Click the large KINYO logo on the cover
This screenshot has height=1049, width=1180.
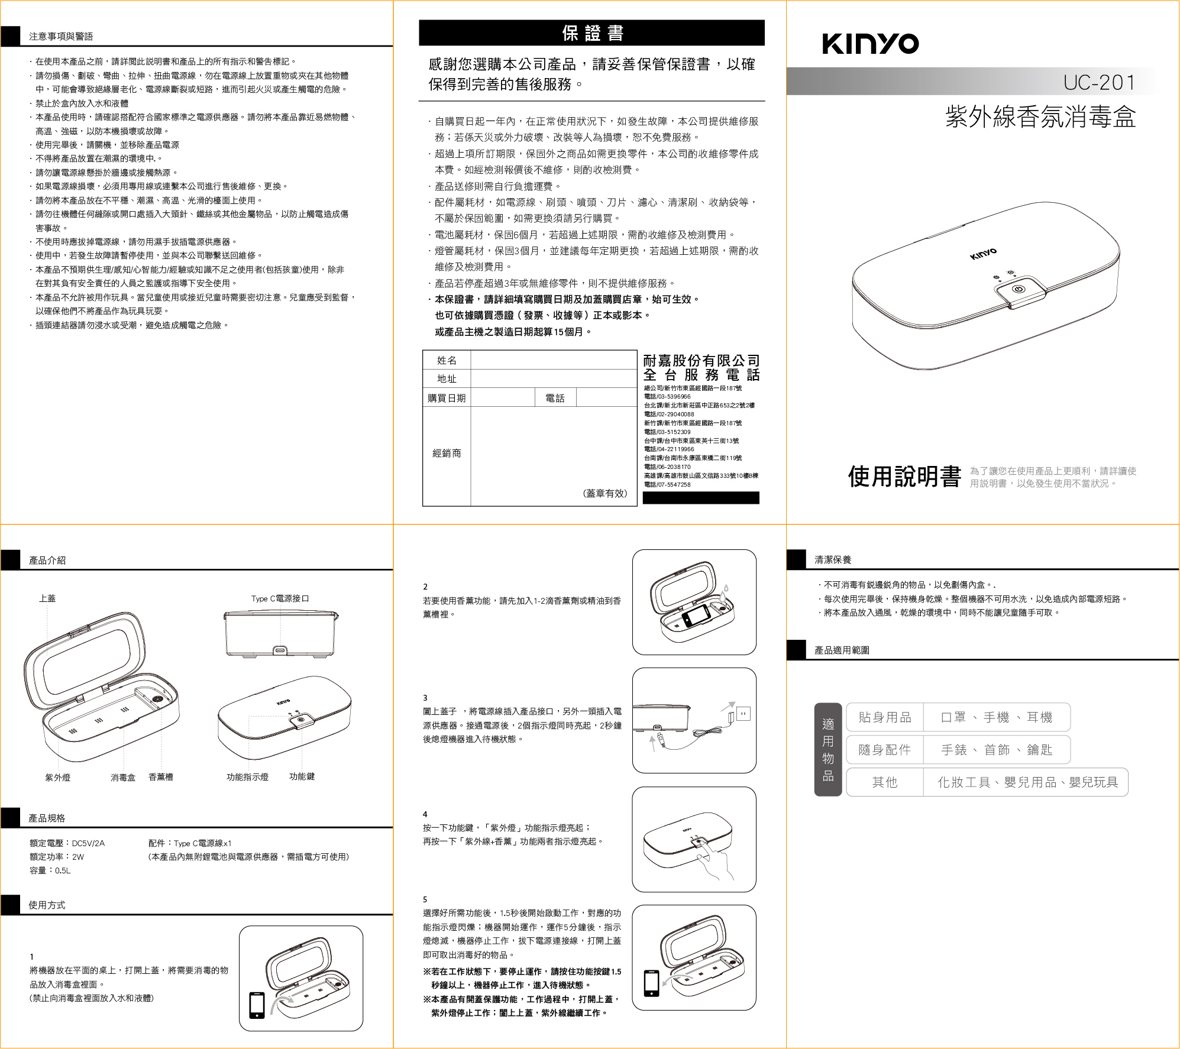click(x=870, y=44)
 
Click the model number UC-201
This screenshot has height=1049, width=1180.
click(x=1099, y=82)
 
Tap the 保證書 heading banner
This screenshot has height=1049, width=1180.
click(x=591, y=33)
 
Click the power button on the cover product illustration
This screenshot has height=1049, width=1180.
click(x=1018, y=290)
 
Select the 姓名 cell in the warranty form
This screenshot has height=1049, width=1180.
click(x=447, y=360)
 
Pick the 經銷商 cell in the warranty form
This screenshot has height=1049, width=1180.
click(x=447, y=454)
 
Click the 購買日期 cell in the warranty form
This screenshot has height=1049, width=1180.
click(x=447, y=398)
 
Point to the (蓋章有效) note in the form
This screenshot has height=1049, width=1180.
click(x=604, y=493)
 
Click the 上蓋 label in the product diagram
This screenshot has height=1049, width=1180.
click(x=47, y=598)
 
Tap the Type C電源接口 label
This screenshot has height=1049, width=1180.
click(x=280, y=598)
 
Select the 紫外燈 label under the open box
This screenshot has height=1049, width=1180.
click(x=57, y=778)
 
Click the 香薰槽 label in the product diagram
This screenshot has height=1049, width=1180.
click(x=160, y=777)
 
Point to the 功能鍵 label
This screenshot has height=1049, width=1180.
click(x=302, y=776)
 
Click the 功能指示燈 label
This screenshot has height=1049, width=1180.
click(x=247, y=777)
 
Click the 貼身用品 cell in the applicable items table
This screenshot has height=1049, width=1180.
click(x=885, y=717)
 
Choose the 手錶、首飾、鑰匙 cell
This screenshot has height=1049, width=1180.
click(x=997, y=750)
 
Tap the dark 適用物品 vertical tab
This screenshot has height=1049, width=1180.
click(x=828, y=749)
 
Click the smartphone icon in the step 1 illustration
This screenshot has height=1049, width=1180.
click(x=257, y=1005)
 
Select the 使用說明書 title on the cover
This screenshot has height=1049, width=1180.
click(x=904, y=477)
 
